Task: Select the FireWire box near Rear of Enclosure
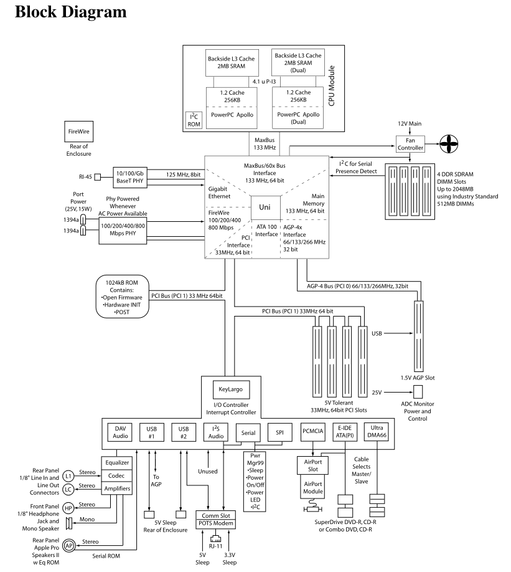(x=78, y=132)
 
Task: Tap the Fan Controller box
(x=410, y=144)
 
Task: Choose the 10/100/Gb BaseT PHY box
(x=128, y=177)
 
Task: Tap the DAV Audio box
(x=120, y=432)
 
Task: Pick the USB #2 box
(x=183, y=432)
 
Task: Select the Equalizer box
(x=116, y=463)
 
